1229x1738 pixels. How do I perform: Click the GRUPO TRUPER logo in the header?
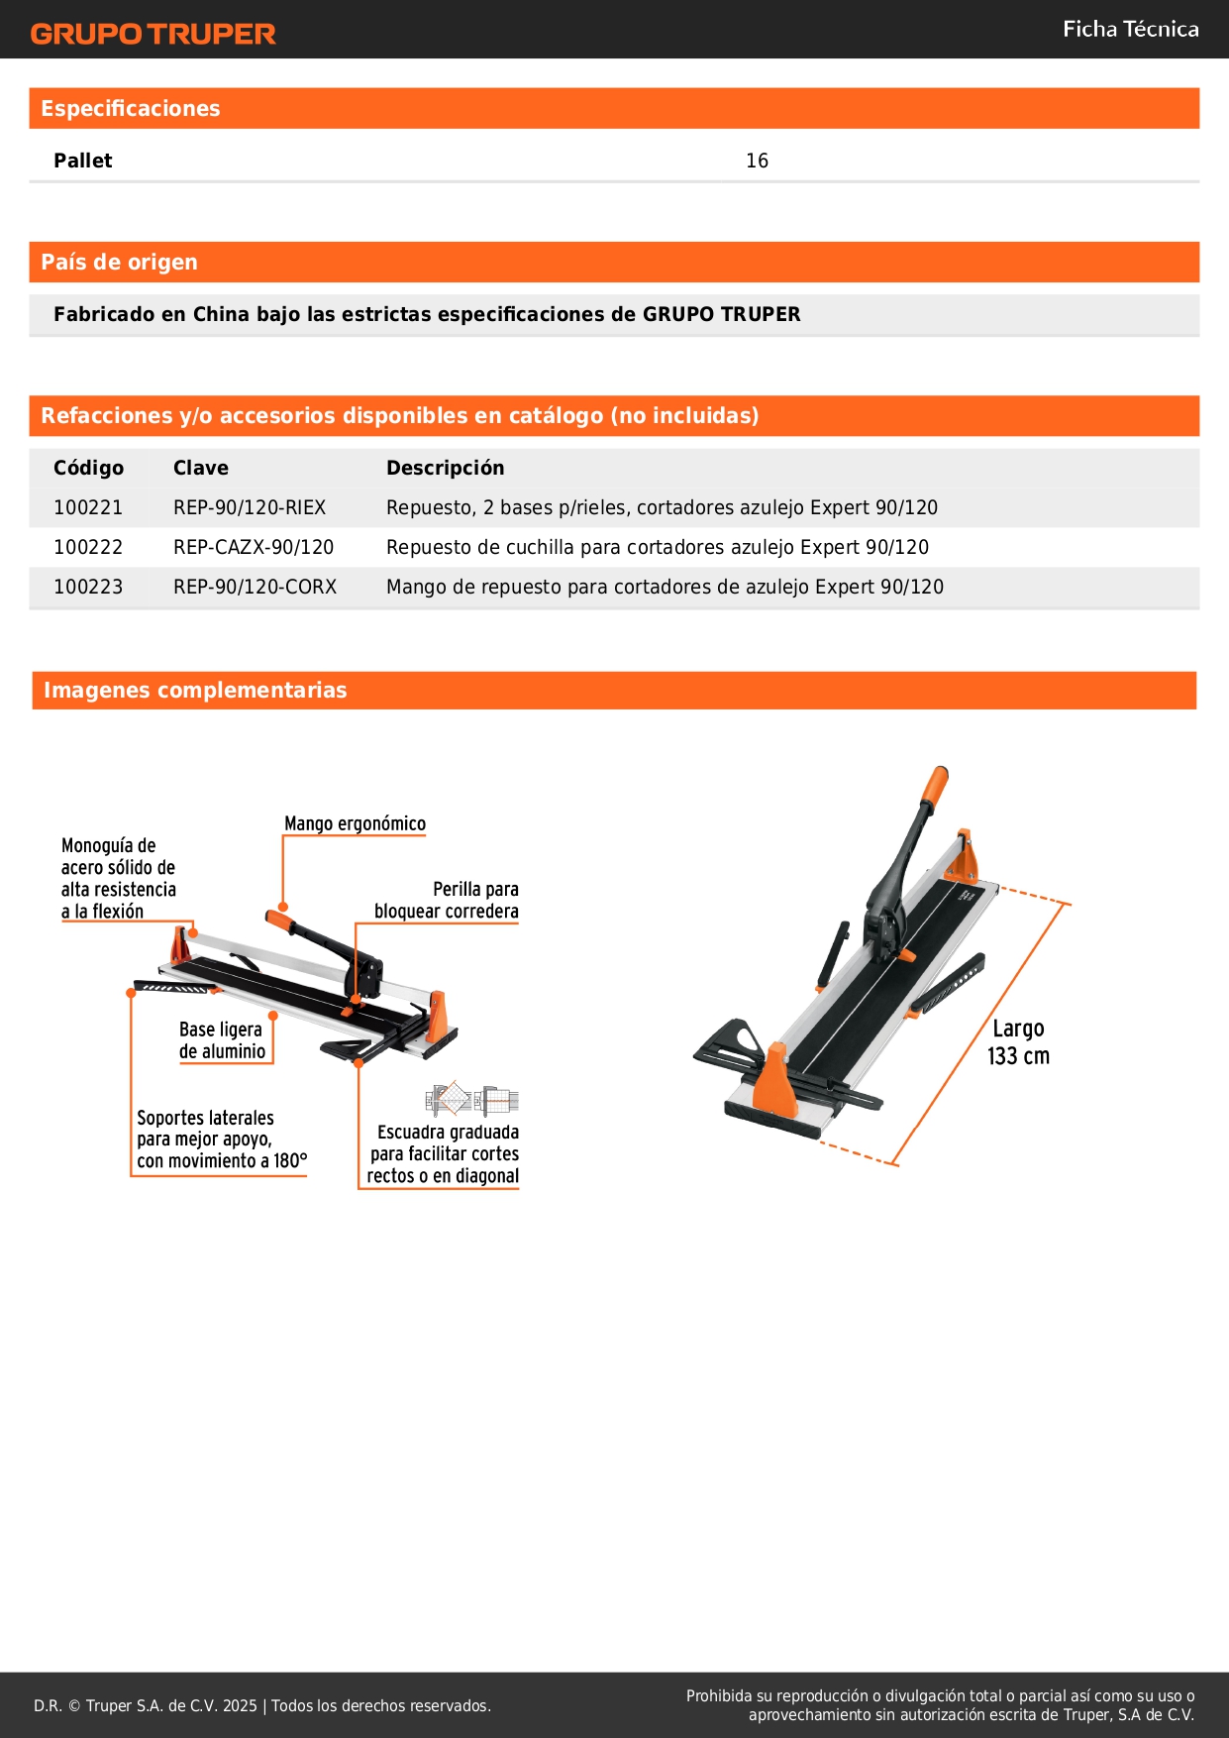pos(153,34)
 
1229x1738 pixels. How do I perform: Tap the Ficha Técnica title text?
pos(1130,30)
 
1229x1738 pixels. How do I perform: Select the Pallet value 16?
pos(757,161)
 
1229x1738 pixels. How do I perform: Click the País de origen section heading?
pos(119,263)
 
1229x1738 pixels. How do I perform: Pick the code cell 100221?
pos(88,507)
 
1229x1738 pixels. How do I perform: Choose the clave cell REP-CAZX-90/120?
pos(254,547)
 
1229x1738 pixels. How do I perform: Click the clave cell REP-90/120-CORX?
pos(255,587)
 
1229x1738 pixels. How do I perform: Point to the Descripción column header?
pos(445,468)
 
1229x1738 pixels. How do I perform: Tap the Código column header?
pos(88,468)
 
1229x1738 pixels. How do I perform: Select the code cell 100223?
pos(88,587)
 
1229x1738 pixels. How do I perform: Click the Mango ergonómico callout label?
pos(355,823)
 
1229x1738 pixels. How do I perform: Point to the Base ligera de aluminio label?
pos(222,1040)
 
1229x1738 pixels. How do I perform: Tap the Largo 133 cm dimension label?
pos(1018,1042)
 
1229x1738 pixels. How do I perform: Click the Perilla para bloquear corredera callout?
pos(447,900)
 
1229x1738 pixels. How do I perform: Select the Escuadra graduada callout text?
pos(444,1154)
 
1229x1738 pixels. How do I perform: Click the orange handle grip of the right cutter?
pos(934,786)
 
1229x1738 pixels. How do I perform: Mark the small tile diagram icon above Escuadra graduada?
pos(471,1099)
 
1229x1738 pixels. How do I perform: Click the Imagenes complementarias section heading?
pos(195,691)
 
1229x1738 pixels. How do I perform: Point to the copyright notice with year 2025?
pos(262,1705)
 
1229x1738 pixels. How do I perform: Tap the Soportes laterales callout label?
pos(222,1140)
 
